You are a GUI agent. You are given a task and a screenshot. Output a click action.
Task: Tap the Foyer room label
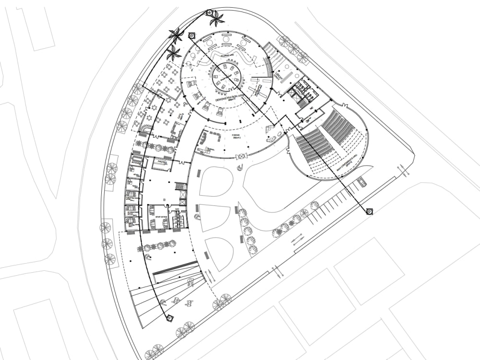pyautogui.click(x=236, y=135)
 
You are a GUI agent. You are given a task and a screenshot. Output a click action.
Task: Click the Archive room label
pyautogui.click(x=162, y=162)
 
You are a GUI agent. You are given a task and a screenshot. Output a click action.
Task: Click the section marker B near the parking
pyautogui.click(x=370, y=212)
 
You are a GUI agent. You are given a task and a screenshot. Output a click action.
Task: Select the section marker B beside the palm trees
pyautogui.click(x=192, y=35)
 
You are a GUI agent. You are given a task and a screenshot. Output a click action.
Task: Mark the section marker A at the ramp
pyautogui.click(x=169, y=317)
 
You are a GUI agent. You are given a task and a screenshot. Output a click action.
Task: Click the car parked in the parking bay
pyautogui.click(x=361, y=181)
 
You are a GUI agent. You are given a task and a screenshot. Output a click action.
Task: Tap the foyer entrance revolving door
pyautogui.click(x=241, y=156)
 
